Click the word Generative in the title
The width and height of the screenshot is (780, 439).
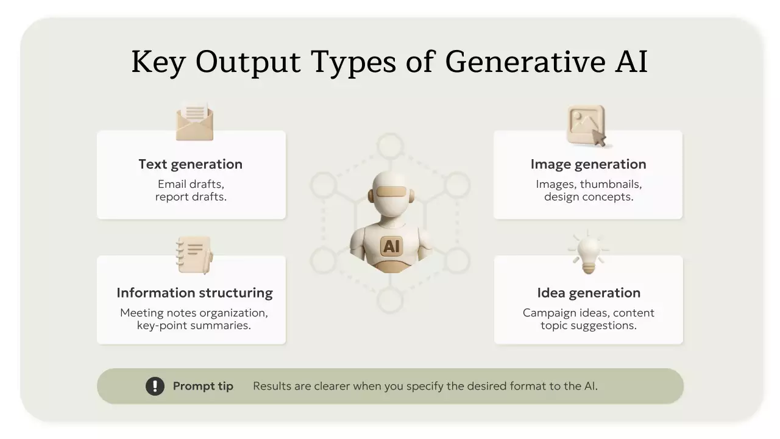pyautogui.click(x=526, y=62)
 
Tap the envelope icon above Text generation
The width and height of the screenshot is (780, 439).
pyautogui.click(x=194, y=121)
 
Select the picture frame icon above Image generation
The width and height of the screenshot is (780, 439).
pyautogui.click(x=587, y=126)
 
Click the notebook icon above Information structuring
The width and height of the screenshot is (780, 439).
pyautogui.click(x=194, y=255)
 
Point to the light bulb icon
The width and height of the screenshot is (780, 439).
pyautogui.click(x=589, y=252)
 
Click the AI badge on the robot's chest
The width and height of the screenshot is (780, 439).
pyautogui.click(x=391, y=246)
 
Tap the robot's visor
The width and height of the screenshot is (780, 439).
pyautogui.click(x=391, y=191)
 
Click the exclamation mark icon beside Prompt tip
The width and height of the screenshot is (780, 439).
pyautogui.click(x=155, y=386)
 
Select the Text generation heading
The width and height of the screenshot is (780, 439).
pyautogui.click(x=191, y=164)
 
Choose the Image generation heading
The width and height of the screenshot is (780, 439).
pyautogui.click(x=589, y=164)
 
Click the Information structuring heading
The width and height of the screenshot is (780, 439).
pyautogui.click(x=194, y=293)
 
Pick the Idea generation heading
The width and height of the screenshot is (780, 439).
pyautogui.click(x=589, y=293)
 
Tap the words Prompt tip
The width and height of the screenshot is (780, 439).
pyautogui.click(x=203, y=386)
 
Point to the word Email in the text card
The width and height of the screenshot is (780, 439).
pyautogui.click(x=171, y=184)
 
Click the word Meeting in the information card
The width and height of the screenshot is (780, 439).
pyautogui.click(x=142, y=313)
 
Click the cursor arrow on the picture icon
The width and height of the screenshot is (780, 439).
pyautogui.click(x=599, y=138)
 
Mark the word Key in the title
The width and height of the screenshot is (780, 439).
pyautogui.click(x=158, y=62)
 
